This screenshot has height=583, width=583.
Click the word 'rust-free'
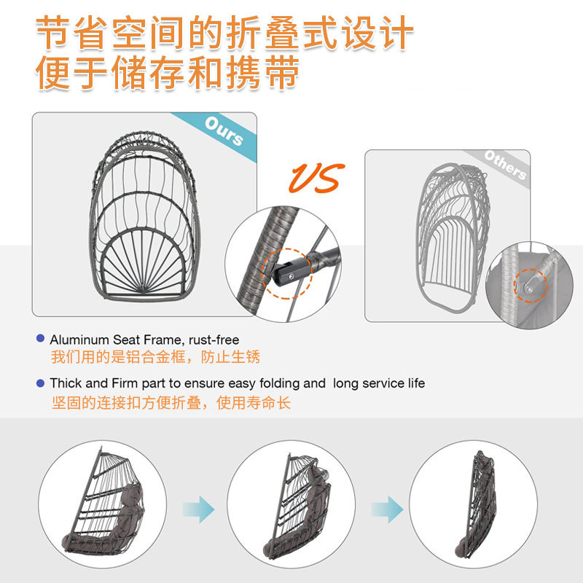[214, 340]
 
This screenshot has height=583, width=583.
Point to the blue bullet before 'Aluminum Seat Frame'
[41, 339]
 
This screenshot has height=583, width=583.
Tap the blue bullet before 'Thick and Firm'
[41, 383]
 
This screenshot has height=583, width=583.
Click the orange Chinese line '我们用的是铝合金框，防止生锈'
[155, 358]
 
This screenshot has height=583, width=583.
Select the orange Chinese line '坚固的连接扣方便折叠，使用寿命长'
[171, 403]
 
